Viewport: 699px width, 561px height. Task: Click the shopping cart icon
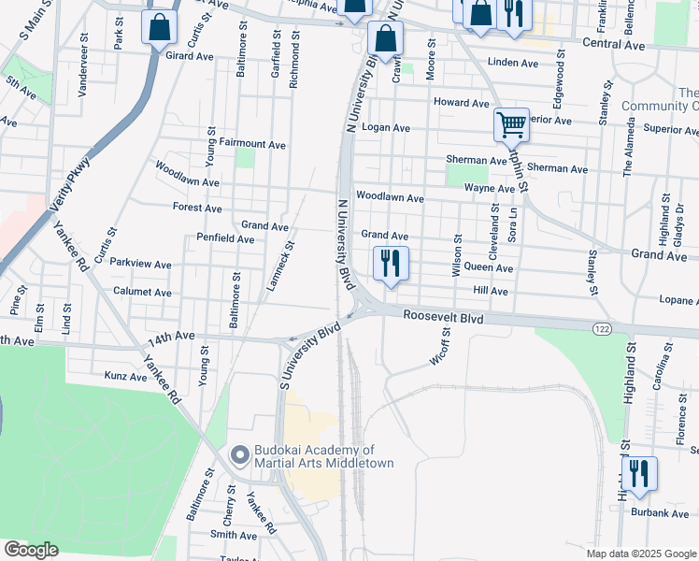pyautogui.click(x=511, y=124)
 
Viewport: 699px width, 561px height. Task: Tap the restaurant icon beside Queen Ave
pyautogui.click(x=391, y=263)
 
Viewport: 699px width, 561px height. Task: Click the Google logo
pyautogui.click(x=30, y=550)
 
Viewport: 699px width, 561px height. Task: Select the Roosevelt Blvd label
pyautogui.click(x=443, y=317)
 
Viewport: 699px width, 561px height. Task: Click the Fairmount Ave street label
pyautogui.click(x=251, y=144)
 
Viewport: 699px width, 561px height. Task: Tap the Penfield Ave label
pyautogui.click(x=225, y=238)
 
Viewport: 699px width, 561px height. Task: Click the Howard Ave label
pyautogui.click(x=461, y=102)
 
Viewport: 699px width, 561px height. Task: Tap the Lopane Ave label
pyautogui.click(x=678, y=301)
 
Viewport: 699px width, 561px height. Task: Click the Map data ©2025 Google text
pyautogui.click(x=641, y=553)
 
